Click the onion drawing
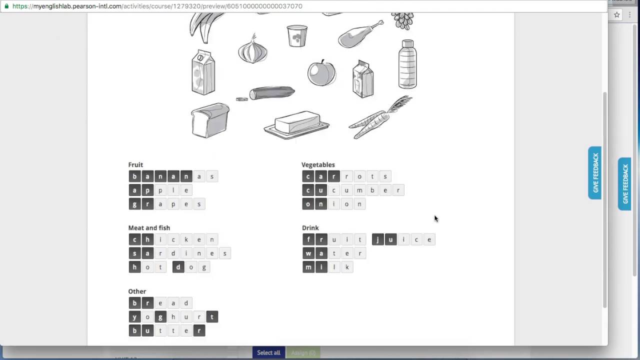252,50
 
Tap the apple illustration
321,73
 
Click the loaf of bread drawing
210,120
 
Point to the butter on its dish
296,124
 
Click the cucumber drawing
271,93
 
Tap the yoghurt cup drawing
297,36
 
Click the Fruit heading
135,164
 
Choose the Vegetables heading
318,164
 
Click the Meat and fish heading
149,228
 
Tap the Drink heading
310,228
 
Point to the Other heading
137,291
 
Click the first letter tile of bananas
134,176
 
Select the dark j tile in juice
377,240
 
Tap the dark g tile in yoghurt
160,317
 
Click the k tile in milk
347,267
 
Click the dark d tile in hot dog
178,267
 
